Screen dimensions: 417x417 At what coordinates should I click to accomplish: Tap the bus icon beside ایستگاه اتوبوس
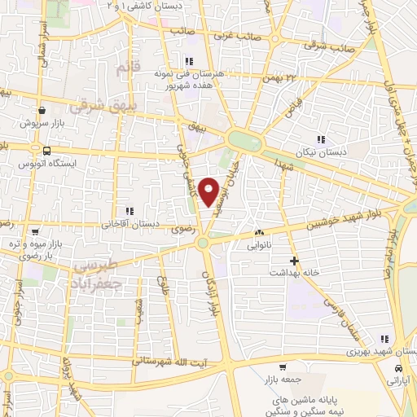pyautogui.click(x=46, y=151)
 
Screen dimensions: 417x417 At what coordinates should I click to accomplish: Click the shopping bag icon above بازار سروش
pyautogui.click(x=40, y=110)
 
